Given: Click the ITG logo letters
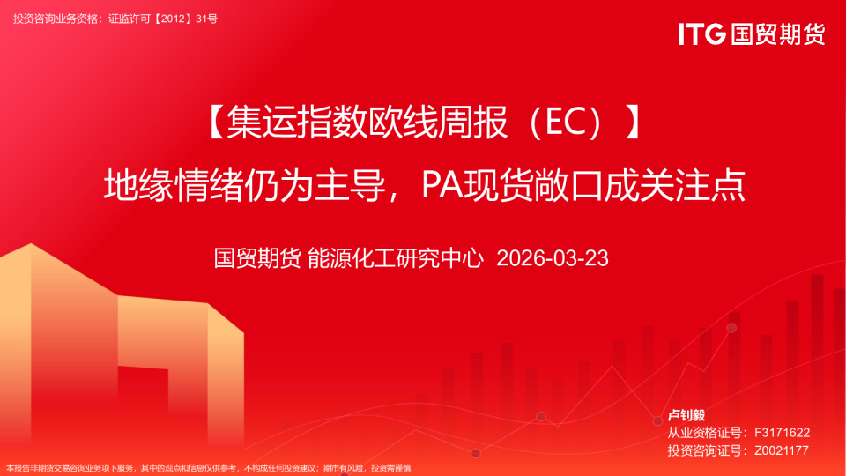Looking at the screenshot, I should click(x=701, y=34).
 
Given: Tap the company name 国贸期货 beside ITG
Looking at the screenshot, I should click(x=777, y=34).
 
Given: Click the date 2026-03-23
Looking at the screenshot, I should click(x=553, y=258).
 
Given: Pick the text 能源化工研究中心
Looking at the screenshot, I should click(x=395, y=258).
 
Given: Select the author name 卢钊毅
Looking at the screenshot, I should click(x=686, y=415).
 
